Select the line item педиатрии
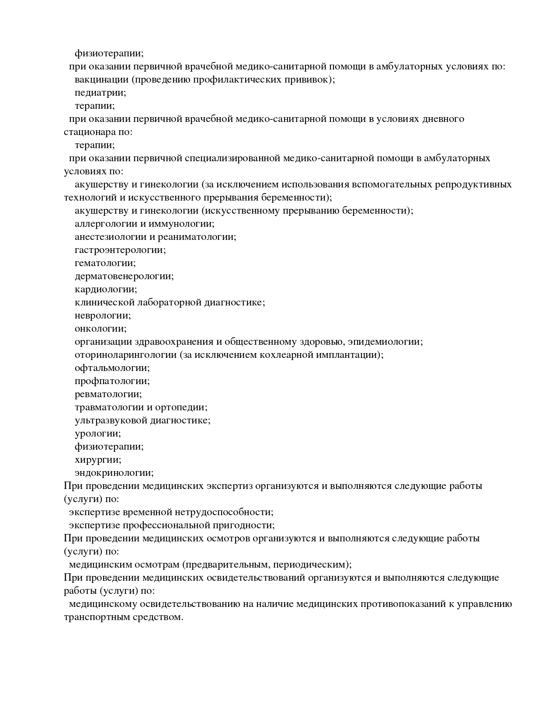click(x=100, y=93)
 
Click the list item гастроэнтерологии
click(x=120, y=250)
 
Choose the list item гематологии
click(x=105, y=263)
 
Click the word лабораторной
click(x=170, y=302)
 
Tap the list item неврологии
click(x=103, y=315)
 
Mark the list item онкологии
click(x=101, y=329)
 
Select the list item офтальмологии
click(x=112, y=368)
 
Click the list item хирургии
click(x=98, y=460)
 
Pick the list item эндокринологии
click(x=114, y=473)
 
